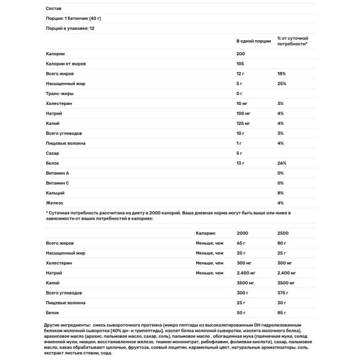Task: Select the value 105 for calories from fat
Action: (241, 64)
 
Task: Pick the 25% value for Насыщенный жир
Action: (281, 83)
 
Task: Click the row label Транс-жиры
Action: (58, 94)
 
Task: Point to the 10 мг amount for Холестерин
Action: (244, 104)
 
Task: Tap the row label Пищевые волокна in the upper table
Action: (65, 143)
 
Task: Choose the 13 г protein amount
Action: (241, 163)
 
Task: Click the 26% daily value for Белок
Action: (281, 163)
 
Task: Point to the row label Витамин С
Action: (58, 182)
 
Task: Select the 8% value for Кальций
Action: (280, 193)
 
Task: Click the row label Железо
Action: (55, 202)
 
